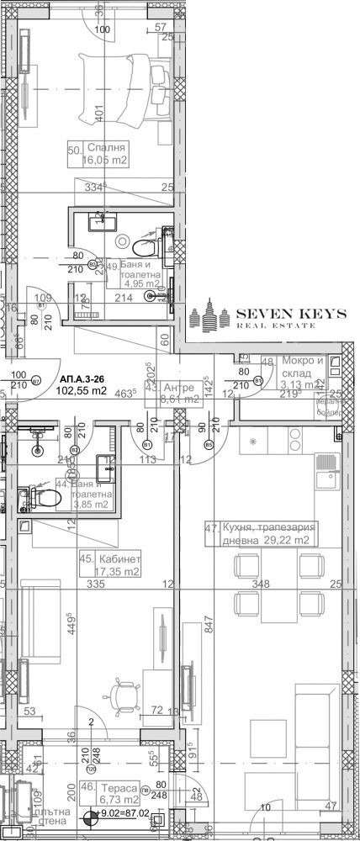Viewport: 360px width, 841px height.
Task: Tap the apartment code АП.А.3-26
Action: (82, 378)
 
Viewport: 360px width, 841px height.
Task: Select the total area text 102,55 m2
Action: (82, 390)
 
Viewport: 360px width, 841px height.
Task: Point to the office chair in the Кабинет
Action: (127, 695)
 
